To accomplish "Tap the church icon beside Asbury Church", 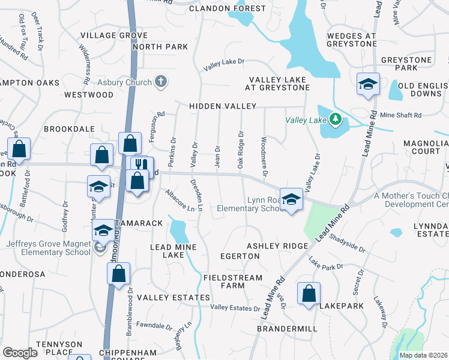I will (x=160, y=82).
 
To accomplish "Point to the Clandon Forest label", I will (x=228, y=8).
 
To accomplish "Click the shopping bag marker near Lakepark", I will (x=309, y=294).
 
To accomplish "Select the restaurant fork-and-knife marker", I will (x=142, y=166).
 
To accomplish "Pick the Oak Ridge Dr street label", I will (x=241, y=150).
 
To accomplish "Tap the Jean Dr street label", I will (x=217, y=155).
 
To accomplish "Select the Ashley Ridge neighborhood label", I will (x=277, y=246).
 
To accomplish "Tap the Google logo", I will (x=20, y=353).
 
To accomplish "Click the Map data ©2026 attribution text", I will (x=423, y=355).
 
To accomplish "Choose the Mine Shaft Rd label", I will (x=401, y=115).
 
